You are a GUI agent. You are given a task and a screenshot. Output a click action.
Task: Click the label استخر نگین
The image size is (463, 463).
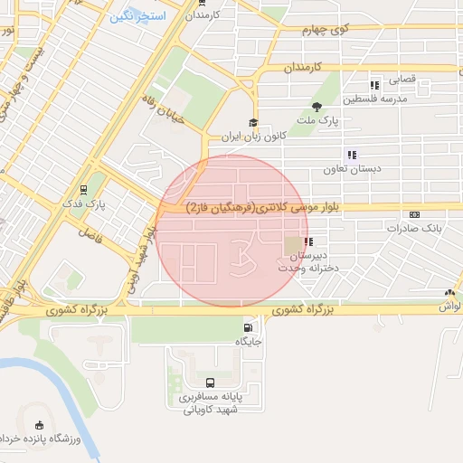pos(136,17)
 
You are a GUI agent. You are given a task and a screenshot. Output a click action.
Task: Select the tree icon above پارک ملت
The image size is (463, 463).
pos(316,107)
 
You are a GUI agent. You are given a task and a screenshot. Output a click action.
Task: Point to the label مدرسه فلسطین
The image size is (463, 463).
pos(391,98)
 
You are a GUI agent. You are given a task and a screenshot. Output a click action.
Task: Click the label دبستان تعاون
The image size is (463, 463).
pos(354,169)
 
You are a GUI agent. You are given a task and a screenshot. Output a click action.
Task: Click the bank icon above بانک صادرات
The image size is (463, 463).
pos(414,214)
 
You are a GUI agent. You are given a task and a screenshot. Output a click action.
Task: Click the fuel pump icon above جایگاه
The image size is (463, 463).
pos(247,327)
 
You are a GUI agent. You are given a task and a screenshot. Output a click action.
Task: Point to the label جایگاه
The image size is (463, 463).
pos(249,342)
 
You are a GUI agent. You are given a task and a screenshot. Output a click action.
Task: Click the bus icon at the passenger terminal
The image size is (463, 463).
pos(211,383)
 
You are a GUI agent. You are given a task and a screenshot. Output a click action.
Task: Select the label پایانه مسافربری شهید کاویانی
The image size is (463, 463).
pos(210,402)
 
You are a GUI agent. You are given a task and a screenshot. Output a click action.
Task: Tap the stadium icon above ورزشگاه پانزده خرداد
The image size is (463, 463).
pos(38,425)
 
